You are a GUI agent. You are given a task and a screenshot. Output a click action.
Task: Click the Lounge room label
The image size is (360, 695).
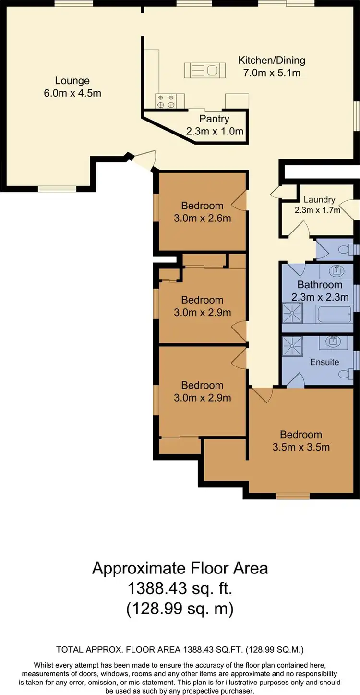[x=72, y=81]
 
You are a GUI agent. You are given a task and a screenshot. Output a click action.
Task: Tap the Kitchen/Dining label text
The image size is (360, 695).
[x=272, y=61]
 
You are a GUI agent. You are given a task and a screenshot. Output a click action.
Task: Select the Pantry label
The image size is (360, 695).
[x=215, y=119]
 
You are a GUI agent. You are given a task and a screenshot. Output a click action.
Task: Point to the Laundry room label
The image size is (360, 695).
[x=319, y=199]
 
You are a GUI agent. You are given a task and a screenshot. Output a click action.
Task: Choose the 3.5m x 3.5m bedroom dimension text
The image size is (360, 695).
[x=301, y=447]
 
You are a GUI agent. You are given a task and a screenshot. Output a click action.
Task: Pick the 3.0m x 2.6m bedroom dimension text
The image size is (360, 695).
[x=202, y=218]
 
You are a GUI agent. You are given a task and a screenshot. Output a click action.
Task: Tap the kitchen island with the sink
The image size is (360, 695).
[x=204, y=70]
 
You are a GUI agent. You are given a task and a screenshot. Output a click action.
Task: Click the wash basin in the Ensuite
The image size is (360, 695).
[x=333, y=342]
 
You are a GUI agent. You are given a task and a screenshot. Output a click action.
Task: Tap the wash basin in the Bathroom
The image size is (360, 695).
[x=336, y=270]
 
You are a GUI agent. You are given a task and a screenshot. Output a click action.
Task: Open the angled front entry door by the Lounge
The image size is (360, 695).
[x=144, y=160]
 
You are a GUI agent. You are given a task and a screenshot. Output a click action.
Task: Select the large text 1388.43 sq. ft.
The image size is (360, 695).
[x=180, y=588]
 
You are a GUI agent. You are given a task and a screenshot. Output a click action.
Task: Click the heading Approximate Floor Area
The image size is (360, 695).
[x=180, y=568]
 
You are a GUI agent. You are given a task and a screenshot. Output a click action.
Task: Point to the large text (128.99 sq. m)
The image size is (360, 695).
[x=180, y=609]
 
